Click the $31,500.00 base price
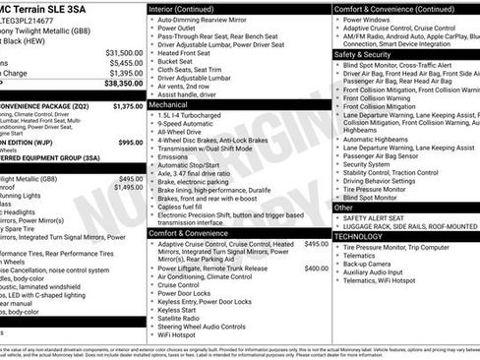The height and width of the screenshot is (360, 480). (x=124, y=52)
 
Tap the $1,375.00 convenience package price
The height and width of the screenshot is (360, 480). (x=127, y=105)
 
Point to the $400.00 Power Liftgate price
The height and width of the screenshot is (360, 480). (x=316, y=268)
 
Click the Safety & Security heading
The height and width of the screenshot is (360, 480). (x=364, y=54)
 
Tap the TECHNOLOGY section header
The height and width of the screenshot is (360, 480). (x=358, y=237)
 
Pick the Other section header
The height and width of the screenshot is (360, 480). (x=343, y=208)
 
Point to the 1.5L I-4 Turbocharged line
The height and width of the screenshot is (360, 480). (x=191, y=114)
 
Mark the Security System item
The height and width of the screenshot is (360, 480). (x=368, y=163)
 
